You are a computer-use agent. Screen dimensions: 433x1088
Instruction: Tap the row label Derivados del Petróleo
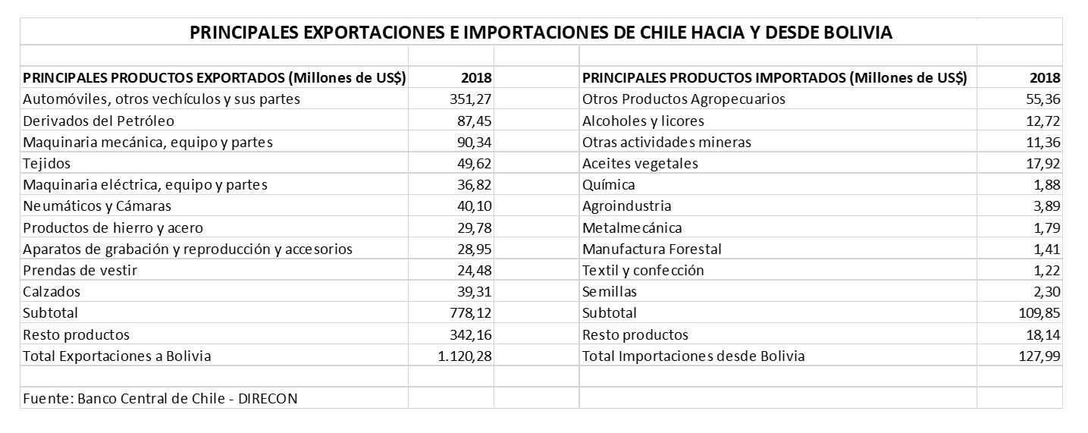tap(99, 121)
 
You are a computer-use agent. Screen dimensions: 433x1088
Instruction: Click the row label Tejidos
tap(48, 164)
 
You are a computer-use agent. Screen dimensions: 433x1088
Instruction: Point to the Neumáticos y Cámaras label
tap(97, 206)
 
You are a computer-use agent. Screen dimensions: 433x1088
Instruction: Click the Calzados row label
tap(52, 292)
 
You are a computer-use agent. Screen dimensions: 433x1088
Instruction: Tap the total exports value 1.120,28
tap(465, 356)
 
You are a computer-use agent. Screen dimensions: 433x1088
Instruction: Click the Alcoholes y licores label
tap(643, 121)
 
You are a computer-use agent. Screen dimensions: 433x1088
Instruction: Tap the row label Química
tap(609, 185)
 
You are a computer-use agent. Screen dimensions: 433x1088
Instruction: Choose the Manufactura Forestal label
tap(651, 249)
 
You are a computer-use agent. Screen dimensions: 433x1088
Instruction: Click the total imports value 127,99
tap(1039, 356)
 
